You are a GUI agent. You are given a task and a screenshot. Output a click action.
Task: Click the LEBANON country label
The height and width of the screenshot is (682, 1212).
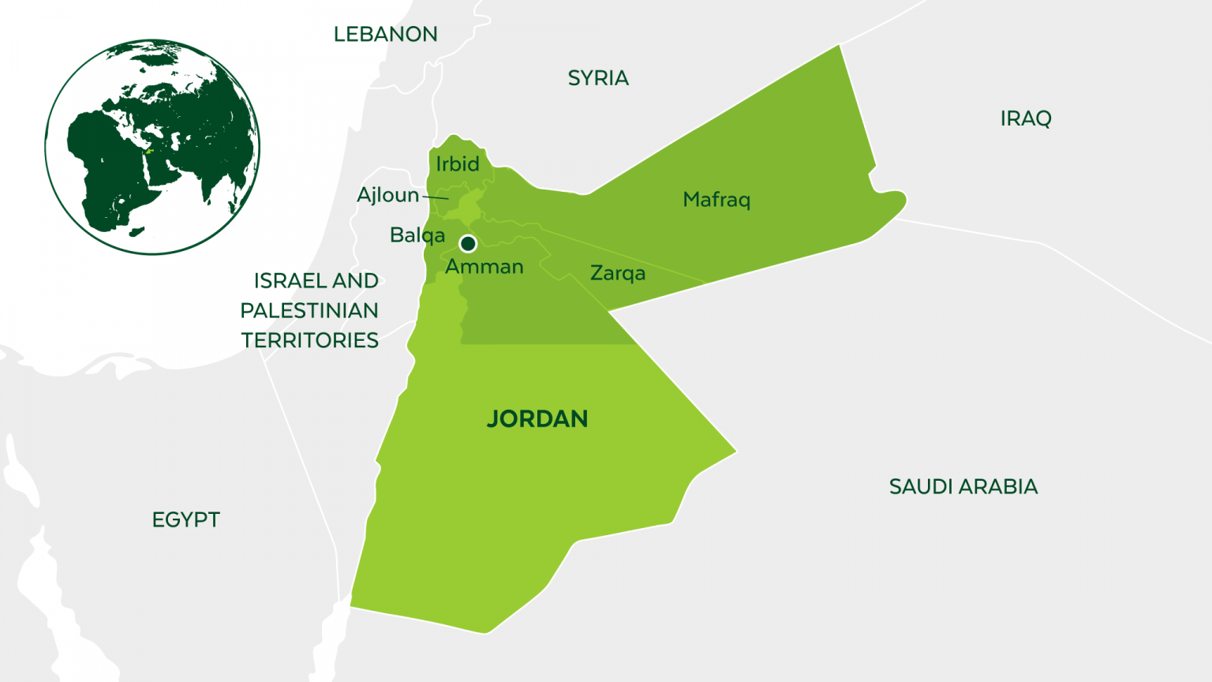click(385, 35)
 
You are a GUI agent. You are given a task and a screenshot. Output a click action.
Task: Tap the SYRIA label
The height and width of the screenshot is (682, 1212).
click(598, 78)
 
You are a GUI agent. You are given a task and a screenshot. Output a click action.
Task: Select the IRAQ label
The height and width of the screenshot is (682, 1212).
click(1026, 118)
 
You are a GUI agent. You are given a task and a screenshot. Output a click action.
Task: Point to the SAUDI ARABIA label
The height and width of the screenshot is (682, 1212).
click(963, 486)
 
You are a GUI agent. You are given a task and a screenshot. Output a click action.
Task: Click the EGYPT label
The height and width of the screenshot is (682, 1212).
click(186, 519)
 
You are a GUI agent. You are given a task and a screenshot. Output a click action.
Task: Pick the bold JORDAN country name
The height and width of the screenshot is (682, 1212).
click(537, 419)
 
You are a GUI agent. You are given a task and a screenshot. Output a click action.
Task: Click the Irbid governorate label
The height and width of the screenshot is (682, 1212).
click(458, 164)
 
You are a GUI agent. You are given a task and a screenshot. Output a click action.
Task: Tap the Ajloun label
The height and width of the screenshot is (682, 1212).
click(387, 195)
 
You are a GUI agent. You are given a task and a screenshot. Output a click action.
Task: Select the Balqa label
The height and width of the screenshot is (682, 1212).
click(417, 235)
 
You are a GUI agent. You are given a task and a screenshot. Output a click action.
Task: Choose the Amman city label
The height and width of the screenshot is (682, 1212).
click(484, 267)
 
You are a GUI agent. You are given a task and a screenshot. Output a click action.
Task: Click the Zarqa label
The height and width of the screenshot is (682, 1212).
click(618, 273)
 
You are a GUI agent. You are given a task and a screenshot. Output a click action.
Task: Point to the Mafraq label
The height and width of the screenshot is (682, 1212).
click(716, 200)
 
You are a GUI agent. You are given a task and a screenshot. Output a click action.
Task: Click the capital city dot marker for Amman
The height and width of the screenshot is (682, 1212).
click(468, 243)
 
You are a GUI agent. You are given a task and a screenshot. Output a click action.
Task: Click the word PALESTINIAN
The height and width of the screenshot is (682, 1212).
click(309, 311)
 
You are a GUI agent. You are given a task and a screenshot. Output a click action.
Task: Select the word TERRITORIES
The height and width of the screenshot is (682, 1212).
click(309, 340)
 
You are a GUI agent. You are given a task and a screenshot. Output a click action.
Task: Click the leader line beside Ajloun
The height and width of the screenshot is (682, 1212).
click(436, 197)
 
